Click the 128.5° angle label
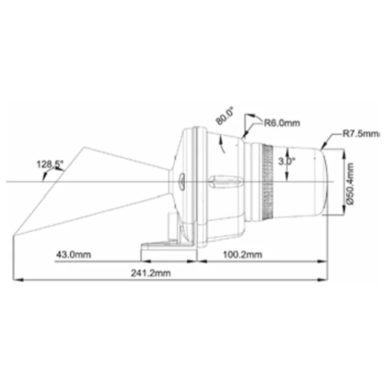pos(50,164)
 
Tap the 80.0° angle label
pos(224,115)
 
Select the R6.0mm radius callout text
pos(282,123)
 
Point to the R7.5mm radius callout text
pos(361,134)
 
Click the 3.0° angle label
pos(286,161)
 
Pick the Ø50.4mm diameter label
pos(350,183)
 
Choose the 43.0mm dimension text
pos(74,254)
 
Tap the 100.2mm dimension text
pos(243,255)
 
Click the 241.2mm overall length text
pos(151,273)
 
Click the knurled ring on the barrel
pos(268,182)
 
